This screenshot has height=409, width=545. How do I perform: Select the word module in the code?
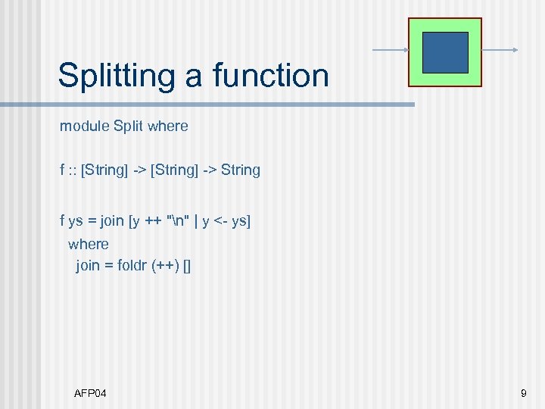point(85,126)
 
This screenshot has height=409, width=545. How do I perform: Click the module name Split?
point(129,126)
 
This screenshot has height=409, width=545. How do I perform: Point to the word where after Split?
point(168,126)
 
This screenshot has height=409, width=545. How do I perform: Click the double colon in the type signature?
point(73,170)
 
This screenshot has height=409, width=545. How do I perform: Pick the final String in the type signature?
point(241,170)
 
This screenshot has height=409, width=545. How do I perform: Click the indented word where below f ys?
point(89,244)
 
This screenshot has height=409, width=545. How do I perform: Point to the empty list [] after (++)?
point(187,266)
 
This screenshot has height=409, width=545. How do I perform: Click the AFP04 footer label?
point(90,393)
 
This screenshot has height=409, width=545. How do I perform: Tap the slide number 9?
point(524,393)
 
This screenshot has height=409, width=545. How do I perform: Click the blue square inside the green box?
point(445,52)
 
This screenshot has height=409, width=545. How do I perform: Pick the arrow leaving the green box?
point(500,51)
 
